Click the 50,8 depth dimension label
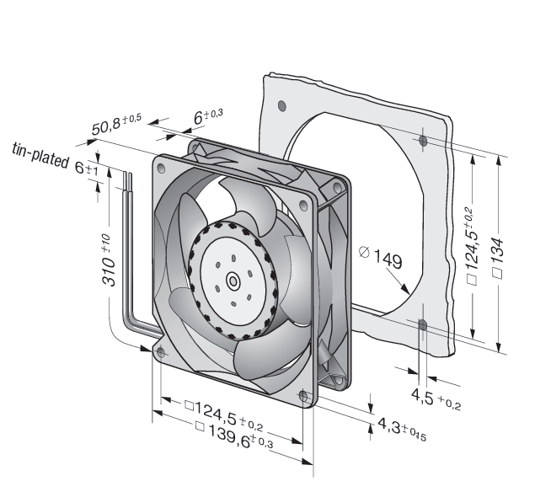pos(116,124)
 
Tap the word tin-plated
pos(40,155)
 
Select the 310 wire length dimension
pos(108,260)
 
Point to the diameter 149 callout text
pos(381,257)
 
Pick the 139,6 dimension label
pos(233,436)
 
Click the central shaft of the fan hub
pos(233,281)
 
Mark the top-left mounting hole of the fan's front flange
pos(161,168)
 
